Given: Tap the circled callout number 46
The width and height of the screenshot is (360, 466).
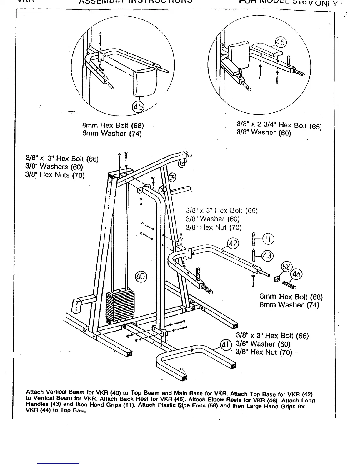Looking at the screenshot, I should (x=280, y=43).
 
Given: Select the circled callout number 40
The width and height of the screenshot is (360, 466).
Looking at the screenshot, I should (x=141, y=277).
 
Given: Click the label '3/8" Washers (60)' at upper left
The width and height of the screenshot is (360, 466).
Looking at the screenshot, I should (x=54, y=167).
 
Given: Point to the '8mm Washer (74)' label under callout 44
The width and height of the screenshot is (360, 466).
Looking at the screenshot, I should (x=289, y=305).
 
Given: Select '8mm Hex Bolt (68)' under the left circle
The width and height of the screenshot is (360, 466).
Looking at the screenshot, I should (x=113, y=126).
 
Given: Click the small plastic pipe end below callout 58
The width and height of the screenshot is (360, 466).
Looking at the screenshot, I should (x=276, y=278).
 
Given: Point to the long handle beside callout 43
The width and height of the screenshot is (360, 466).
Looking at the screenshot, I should (x=254, y=255).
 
